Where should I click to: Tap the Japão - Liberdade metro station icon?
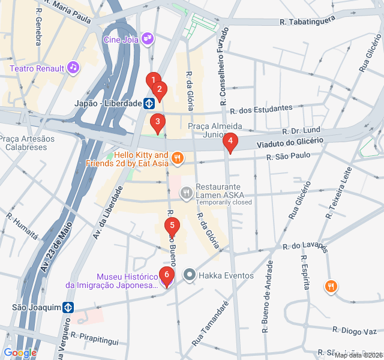click(x=148, y=103)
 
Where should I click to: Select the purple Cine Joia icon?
click(x=148, y=40)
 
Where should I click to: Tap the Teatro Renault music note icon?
click(x=73, y=67)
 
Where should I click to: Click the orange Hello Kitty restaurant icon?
click(x=177, y=158)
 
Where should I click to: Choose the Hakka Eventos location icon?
click(x=190, y=275)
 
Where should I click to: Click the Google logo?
click(x=20, y=353)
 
